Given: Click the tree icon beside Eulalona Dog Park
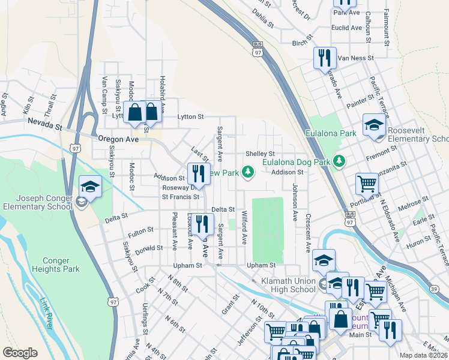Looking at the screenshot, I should click(x=339, y=161).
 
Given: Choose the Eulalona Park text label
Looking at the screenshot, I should click(x=327, y=133).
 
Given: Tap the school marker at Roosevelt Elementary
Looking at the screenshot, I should click(x=374, y=126).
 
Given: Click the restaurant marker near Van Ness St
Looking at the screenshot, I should click(x=324, y=58).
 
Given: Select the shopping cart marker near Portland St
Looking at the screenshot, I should click(x=367, y=183).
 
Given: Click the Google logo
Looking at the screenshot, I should click(x=20, y=353).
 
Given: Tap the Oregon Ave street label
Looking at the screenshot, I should click(x=118, y=139).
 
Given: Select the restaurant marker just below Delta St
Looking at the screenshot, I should click(x=203, y=224).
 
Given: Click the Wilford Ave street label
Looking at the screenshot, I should click(x=244, y=227).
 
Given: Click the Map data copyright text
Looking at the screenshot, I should click(x=424, y=355).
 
